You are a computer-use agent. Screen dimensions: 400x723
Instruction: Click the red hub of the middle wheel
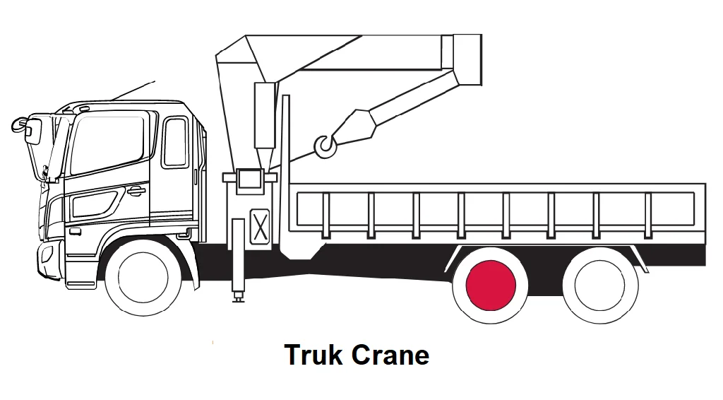tap(491, 284)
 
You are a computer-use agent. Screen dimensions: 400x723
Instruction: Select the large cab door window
tap(108, 145)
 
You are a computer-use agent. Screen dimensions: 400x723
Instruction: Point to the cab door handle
tap(136, 191)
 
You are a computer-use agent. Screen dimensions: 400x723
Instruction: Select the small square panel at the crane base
tap(249, 177)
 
